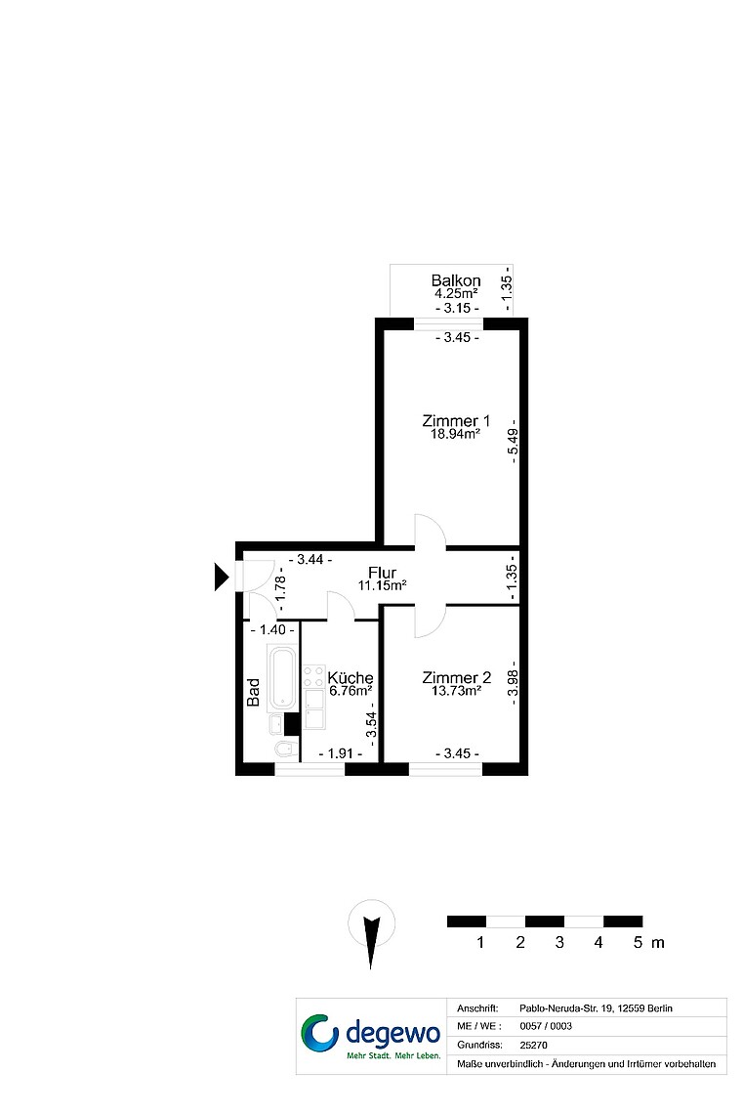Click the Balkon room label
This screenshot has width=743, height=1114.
[x=456, y=280]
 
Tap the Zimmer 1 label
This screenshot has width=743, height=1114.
[x=456, y=420]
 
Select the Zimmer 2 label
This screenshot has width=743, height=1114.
[x=456, y=678]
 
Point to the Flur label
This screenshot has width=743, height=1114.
[x=382, y=573]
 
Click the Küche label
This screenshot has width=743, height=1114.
[x=351, y=678]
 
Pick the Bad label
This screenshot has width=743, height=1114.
[x=253, y=692]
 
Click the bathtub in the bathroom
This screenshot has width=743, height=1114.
[x=282, y=677]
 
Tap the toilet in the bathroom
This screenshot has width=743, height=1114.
[x=285, y=749]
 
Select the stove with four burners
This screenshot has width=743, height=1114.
[x=314, y=677]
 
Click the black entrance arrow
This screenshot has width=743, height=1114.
[x=222, y=577]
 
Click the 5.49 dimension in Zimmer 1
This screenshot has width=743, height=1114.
[x=514, y=441]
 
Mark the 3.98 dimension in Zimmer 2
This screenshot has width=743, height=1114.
[x=514, y=683]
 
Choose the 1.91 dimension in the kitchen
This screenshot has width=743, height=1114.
[x=341, y=753]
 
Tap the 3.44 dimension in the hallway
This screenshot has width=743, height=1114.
[x=310, y=560]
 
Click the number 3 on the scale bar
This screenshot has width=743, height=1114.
[x=559, y=942]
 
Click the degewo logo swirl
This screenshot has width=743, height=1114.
[x=320, y=1032]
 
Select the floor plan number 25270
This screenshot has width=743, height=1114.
[x=534, y=1045]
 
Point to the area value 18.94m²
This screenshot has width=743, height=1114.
[x=456, y=434]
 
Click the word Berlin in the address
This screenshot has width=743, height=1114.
[x=660, y=1008]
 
